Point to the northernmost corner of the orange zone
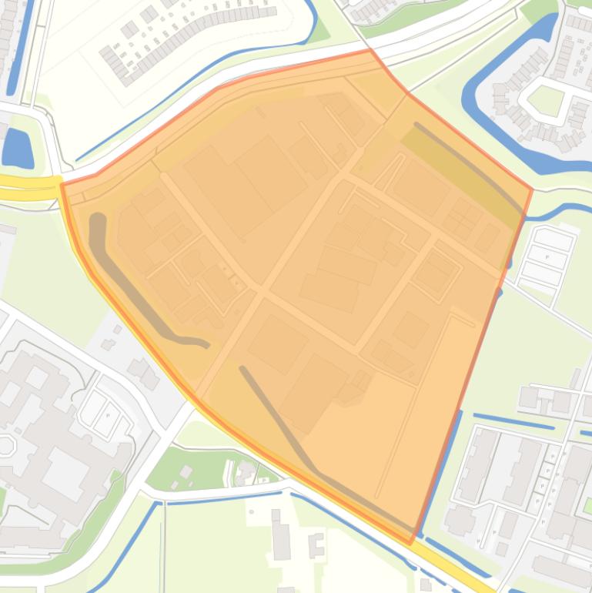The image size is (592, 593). [370, 51]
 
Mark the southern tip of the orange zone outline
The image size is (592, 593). [413, 541]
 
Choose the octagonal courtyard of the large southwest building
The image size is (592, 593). [6, 446]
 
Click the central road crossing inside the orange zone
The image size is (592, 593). [262, 293]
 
